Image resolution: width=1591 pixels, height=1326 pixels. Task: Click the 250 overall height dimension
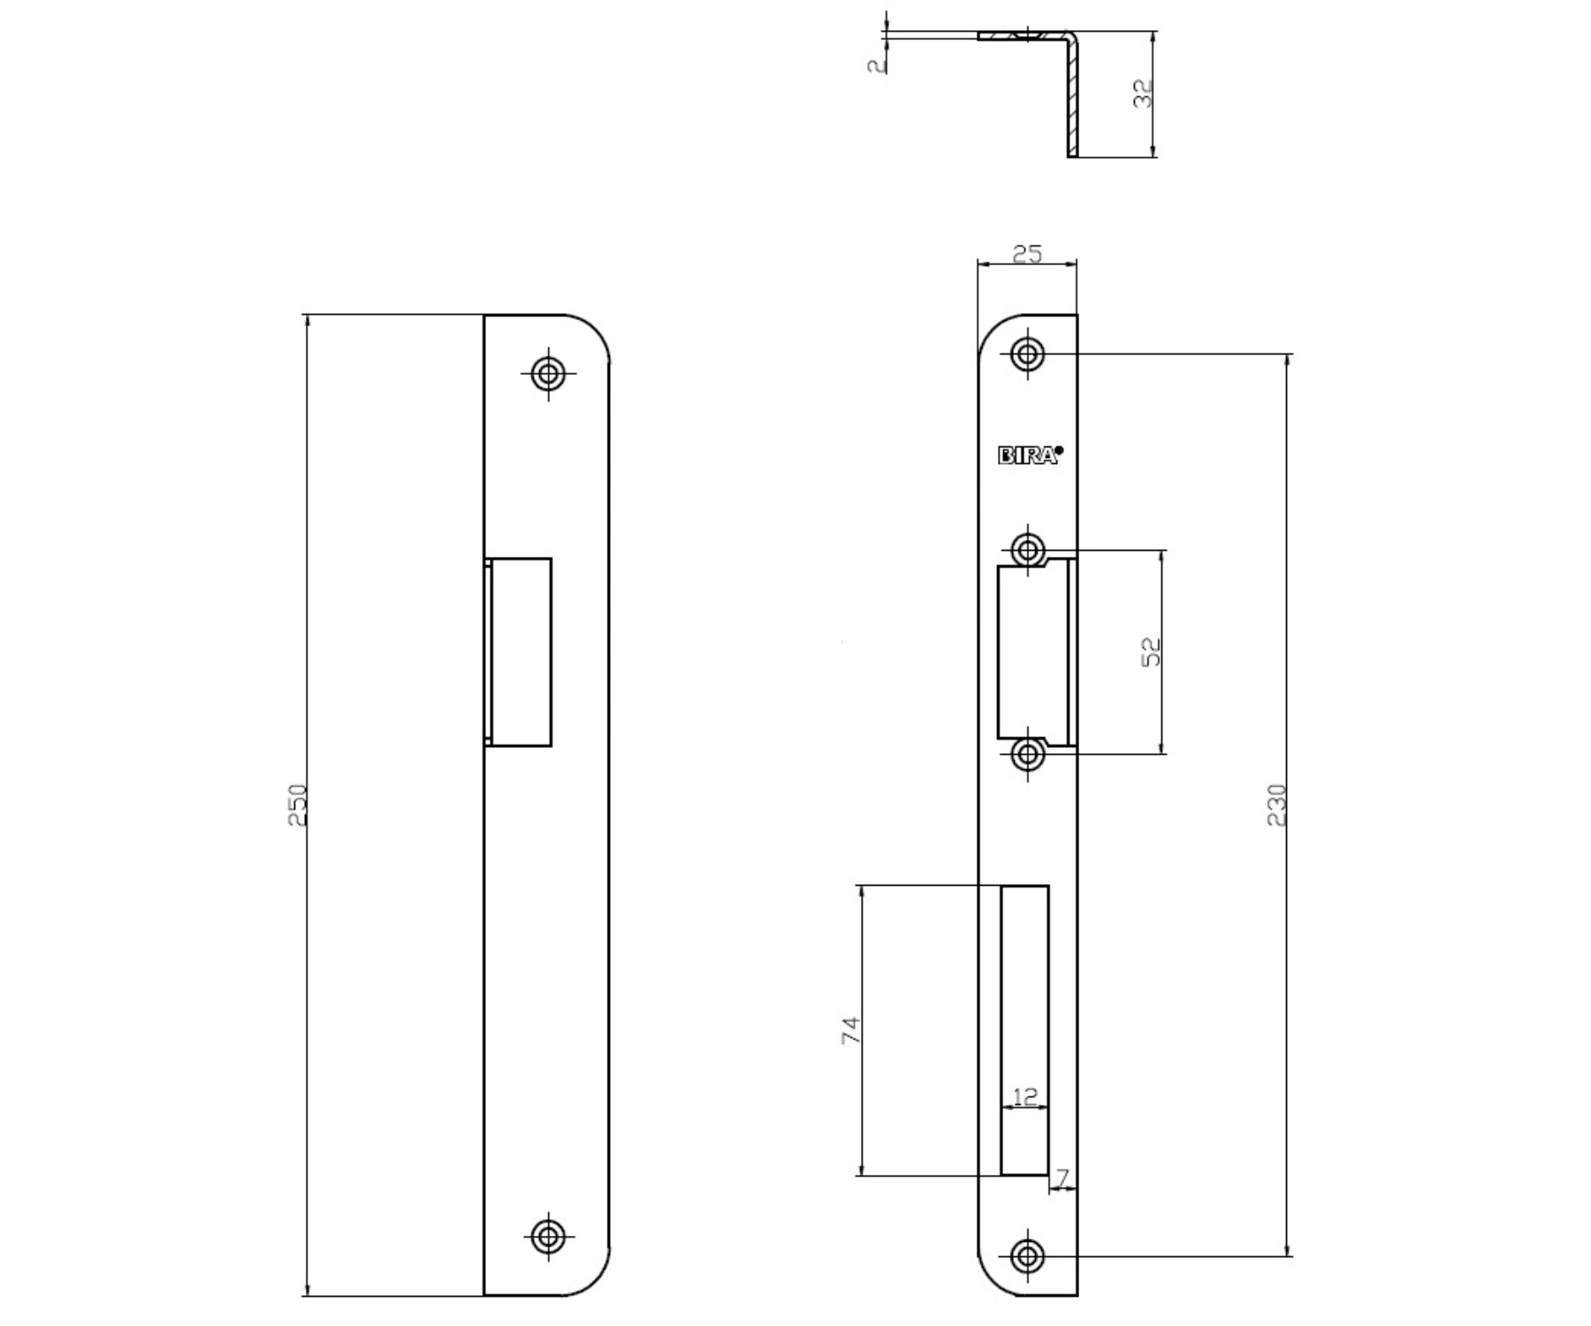299,804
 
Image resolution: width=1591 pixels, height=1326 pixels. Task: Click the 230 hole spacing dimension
1277,804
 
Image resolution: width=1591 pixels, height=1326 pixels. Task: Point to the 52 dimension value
1151,652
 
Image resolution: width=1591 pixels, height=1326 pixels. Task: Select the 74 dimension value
849,1031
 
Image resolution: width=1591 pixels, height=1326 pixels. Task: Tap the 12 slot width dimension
1024,1097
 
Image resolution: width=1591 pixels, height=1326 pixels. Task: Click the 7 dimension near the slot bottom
1062,1177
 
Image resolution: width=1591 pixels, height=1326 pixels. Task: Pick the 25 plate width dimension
1027,254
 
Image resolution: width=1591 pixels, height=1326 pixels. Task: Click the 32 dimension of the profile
1144,94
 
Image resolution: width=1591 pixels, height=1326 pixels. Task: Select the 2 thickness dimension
876,65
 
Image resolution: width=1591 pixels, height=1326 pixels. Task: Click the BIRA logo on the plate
1031,455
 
